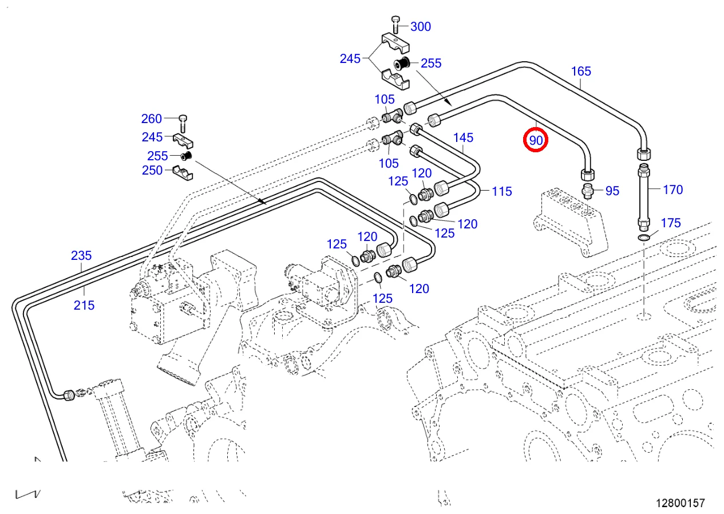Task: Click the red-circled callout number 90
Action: pos(536,140)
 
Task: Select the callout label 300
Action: pos(421,26)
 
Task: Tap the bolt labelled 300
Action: pos(395,25)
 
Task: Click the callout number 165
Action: pos(581,72)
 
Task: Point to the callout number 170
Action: pos(672,189)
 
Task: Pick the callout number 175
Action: pos(671,223)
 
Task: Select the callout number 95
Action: pos(612,191)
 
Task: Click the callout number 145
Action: pos(464,137)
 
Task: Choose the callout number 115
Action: pos(501,191)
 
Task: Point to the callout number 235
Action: pos(81,255)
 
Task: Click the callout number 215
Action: pos(84,305)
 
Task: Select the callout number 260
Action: pos(152,119)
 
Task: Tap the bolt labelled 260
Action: pos(182,120)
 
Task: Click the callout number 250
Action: pos(152,170)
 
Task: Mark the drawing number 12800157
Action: pos(680,503)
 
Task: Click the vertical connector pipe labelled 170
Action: pos(643,196)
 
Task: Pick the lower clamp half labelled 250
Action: pos(182,172)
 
